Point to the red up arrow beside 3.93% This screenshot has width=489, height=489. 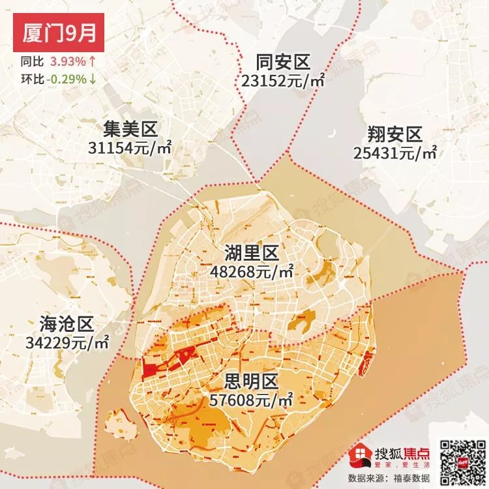coord(93,63)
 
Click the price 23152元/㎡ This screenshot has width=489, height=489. coord(282,81)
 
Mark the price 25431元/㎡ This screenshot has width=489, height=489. coord(395,153)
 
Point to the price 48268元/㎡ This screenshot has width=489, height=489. coord(252,271)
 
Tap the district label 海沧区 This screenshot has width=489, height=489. coord(67,323)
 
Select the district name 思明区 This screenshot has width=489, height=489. coord(252,380)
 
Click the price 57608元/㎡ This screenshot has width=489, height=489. coord(252,398)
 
